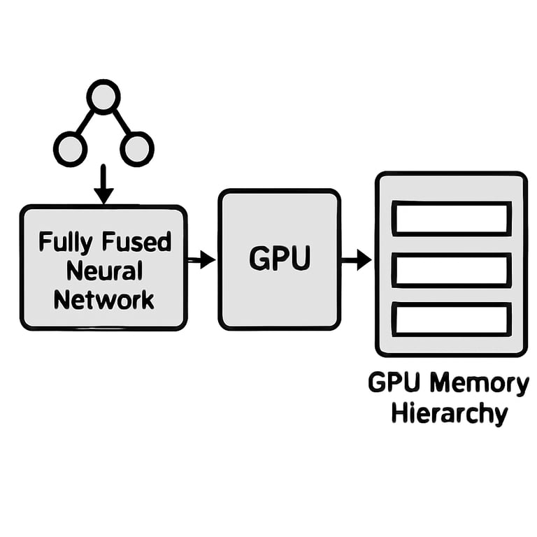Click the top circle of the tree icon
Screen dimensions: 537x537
[103, 96]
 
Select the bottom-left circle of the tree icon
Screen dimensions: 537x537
[70, 148]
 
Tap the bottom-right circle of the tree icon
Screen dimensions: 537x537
[136, 148]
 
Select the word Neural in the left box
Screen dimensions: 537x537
[103, 271]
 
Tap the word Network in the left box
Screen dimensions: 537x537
[103, 300]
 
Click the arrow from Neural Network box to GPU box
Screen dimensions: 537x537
[201, 259]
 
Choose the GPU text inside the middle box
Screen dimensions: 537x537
[279, 259]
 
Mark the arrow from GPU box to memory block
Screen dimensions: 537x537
[357, 259]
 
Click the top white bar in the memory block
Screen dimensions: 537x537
[451, 217]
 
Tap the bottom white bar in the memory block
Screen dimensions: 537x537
[451, 319]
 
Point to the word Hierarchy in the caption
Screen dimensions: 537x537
[449, 413]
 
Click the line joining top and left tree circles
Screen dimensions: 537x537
[85, 122]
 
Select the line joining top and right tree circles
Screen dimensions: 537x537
[121, 122]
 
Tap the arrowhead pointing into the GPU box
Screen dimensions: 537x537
[208, 259]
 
